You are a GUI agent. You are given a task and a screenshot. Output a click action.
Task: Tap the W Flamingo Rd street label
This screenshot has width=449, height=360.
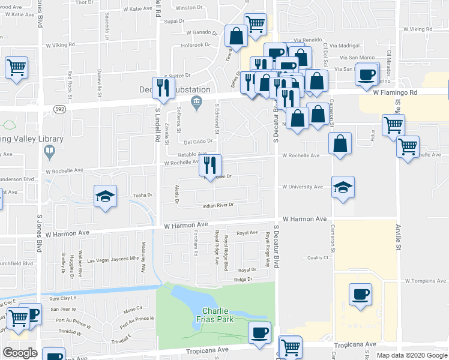point(394,92)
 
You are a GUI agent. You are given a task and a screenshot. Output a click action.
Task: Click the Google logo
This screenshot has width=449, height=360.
point(20,353)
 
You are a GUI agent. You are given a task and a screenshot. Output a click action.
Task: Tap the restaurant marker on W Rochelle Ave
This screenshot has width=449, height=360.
point(209,165)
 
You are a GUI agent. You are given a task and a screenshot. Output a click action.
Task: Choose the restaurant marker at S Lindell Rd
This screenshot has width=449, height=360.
point(161,88)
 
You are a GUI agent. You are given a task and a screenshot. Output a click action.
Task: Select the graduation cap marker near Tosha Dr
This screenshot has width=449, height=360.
point(104,196)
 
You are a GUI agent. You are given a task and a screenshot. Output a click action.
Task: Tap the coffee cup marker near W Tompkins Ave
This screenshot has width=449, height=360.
point(360,294)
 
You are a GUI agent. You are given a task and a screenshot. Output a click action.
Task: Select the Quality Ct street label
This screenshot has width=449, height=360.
point(318,257)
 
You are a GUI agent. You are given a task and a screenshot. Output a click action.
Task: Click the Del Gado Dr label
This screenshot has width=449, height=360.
point(199,142)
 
